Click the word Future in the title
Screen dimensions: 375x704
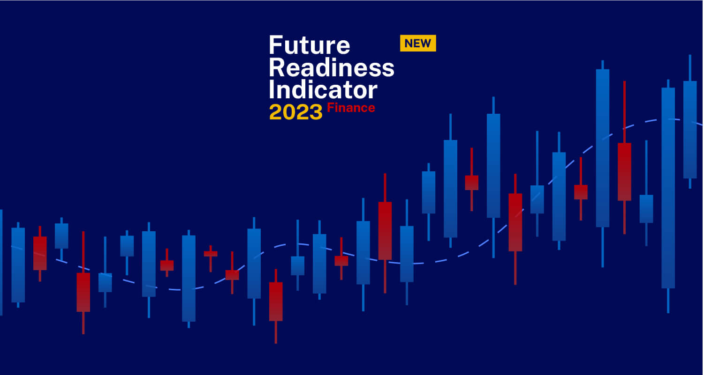pos(309,46)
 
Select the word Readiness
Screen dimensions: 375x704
pos(331,68)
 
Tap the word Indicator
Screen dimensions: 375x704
pos(323,89)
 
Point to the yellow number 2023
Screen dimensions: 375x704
pos(296,112)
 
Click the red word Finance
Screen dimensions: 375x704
pos(351,108)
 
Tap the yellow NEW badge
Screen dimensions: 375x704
pos(417,43)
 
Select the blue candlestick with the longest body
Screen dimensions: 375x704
pos(668,187)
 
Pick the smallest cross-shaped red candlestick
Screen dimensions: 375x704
pos(211,254)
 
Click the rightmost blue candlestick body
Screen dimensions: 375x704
pos(689,129)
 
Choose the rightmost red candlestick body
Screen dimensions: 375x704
pos(624,171)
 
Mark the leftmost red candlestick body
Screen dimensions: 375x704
pos(40,253)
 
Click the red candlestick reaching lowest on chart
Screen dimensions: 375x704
pos(276,301)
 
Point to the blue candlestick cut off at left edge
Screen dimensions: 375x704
pos(1,262)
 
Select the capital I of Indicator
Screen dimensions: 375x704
pos(272,89)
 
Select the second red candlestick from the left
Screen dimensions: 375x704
pos(83,292)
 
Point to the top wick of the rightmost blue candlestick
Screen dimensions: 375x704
pos(689,67)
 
